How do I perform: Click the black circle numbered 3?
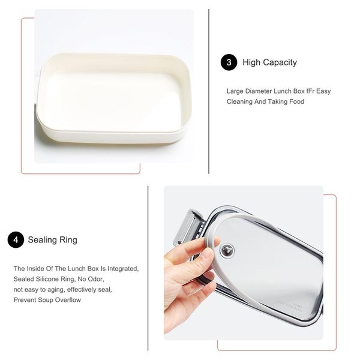click(229, 62)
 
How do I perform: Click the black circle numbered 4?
click(16, 240)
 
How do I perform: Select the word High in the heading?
click(251, 62)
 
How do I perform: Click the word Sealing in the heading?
click(43, 240)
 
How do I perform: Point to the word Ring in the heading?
click(68, 240)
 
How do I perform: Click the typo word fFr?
click(310, 91)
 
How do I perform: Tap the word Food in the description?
click(296, 101)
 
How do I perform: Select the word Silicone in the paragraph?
click(47, 279)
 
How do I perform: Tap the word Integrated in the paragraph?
click(123, 269)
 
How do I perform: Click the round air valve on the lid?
click(227, 250)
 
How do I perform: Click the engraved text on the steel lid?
click(289, 305)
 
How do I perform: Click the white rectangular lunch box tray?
click(114, 99)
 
